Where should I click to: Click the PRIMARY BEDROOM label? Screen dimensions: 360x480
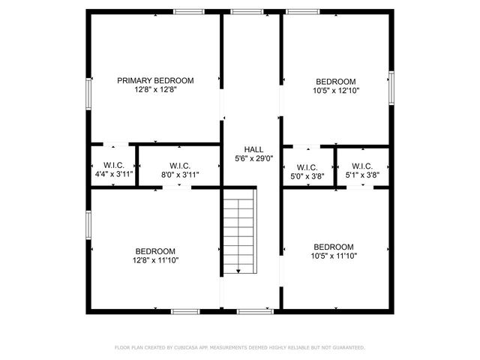[x=155, y=80]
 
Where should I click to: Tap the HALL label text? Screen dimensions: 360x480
[x=253, y=149]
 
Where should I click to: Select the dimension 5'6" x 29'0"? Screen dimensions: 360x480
[x=253, y=158]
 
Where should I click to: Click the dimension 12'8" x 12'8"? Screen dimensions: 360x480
[x=155, y=89]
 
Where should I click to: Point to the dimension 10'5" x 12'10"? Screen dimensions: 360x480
[x=335, y=90]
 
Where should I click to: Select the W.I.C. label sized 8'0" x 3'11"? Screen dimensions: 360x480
[x=179, y=165]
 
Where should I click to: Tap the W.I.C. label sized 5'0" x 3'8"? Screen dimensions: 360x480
[x=307, y=166]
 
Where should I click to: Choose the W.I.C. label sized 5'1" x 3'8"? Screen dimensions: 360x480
[x=361, y=166]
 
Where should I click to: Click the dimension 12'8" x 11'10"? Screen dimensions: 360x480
[x=155, y=260]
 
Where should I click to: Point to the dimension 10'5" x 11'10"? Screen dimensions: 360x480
[x=334, y=256]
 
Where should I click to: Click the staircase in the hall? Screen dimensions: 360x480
[x=239, y=232]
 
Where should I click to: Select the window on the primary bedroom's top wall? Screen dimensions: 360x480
[x=188, y=11]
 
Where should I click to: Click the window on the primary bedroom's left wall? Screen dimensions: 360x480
[x=88, y=94]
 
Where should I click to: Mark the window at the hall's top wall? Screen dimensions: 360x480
[x=242, y=11]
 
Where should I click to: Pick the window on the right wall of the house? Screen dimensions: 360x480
[x=391, y=86]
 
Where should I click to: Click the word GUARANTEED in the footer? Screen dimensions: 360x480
[x=346, y=348]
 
